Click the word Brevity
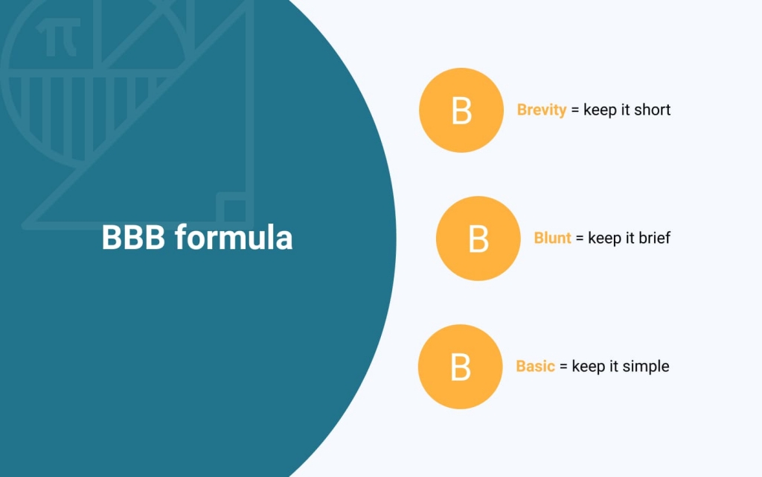(x=542, y=110)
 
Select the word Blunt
(x=552, y=238)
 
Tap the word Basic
(x=535, y=366)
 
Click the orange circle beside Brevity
(x=461, y=110)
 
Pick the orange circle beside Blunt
(x=478, y=238)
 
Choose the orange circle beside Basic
(x=460, y=367)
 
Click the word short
(x=652, y=110)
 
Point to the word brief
(x=655, y=238)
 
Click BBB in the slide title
(x=133, y=237)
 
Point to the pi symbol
(x=58, y=37)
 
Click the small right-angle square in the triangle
(x=232, y=209)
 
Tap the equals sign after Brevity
(x=575, y=110)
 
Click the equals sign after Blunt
(x=580, y=238)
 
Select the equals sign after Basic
(x=563, y=367)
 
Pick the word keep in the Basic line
(x=589, y=367)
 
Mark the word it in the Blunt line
(x=630, y=238)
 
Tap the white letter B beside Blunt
(x=478, y=239)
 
